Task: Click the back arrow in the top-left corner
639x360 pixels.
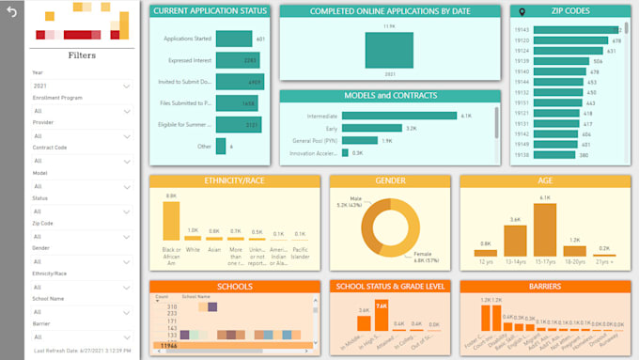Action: (11, 11)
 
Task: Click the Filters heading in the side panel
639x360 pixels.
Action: (82, 55)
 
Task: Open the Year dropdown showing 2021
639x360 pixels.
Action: (81, 86)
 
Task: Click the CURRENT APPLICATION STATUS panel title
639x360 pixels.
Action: (209, 10)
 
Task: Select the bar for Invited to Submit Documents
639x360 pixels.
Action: (239, 82)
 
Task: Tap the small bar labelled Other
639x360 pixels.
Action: (221, 147)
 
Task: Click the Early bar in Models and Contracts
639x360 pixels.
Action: (372, 128)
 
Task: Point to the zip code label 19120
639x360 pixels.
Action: (522, 40)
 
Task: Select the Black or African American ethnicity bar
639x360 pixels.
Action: (171, 221)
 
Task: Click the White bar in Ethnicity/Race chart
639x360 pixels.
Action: (194, 237)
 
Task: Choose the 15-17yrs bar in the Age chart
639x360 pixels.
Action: (546, 229)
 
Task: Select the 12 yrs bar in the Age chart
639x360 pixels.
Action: (485, 251)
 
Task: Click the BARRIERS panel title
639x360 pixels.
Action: (544, 287)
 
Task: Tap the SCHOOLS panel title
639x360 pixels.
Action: (234, 287)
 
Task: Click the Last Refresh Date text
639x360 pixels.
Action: (82, 351)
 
